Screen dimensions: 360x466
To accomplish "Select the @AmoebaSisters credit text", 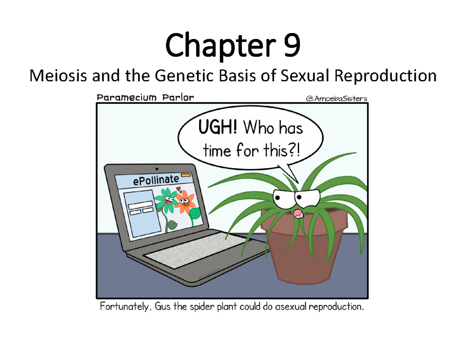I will (337, 99).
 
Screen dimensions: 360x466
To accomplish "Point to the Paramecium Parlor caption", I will (144, 97).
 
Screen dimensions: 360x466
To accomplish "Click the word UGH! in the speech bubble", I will (219, 127).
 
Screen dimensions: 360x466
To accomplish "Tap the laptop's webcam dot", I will (157, 169).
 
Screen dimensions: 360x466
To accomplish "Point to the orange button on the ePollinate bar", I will (186, 176).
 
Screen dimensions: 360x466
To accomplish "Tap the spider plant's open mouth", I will (298, 213).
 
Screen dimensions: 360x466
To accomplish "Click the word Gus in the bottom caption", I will (163, 307).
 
